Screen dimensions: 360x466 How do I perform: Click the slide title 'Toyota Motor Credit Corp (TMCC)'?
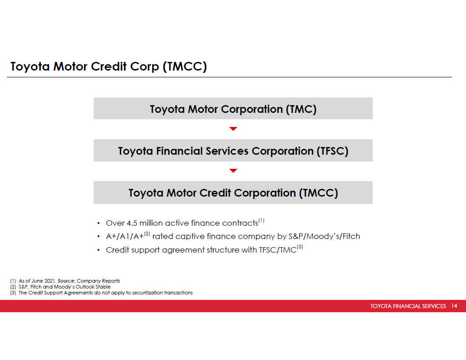coord(109,67)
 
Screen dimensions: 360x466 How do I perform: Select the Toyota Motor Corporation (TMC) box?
coord(233,109)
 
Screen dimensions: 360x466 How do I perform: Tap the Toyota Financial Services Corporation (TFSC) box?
coord(233,151)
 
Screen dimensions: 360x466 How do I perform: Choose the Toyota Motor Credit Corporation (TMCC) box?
coord(233,193)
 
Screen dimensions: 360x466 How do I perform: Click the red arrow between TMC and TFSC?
coord(233,129)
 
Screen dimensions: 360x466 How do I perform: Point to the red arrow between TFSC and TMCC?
coord(233,171)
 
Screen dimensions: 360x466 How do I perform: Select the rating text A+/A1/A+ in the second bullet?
coord(124,237)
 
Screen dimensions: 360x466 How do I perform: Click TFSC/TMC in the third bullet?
coord(277,250)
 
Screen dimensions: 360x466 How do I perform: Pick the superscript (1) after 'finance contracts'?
coord(261,221)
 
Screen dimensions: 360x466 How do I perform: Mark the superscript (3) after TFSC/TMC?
coord(300,248)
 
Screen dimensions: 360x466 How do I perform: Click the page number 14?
coord(454,306)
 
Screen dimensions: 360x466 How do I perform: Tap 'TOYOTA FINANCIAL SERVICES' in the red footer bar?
coord(408,306)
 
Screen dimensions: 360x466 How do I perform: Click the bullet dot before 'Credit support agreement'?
coord(99,250)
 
